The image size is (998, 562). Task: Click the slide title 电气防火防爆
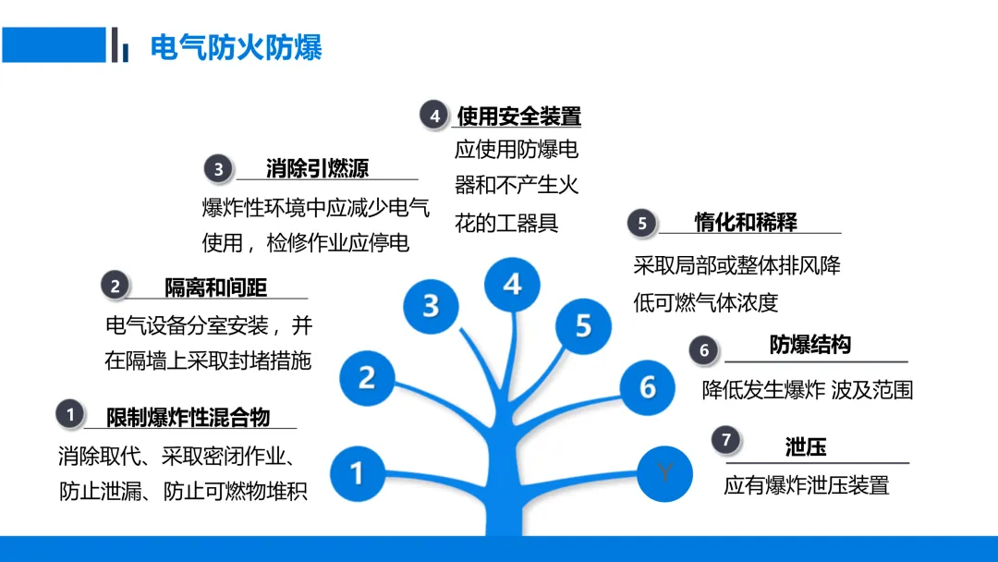coord(236,46)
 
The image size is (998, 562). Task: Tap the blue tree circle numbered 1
coord(357,473)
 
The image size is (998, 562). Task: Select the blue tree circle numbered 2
coord(367,377)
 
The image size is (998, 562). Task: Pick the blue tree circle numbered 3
coord(431,305)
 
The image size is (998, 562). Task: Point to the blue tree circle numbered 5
coord(583,325)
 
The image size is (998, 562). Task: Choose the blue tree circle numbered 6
coord(647,386)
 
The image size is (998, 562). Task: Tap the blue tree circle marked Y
coord(663,472)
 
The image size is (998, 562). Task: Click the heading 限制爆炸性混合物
coord(188,417)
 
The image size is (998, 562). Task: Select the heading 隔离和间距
coord(215,287)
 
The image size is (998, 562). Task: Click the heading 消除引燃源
coord(317,168)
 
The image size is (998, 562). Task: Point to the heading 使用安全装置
coord(518,116)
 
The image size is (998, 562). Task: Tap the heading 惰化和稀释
coord(746,222)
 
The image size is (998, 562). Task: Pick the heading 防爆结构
coord(809,346)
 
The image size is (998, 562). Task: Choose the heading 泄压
coord(806,447)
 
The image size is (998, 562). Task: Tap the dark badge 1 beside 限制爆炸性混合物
coord(70,414)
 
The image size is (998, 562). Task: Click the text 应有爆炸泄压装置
coord(806,484)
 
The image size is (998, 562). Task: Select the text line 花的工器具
coord(506,223)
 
